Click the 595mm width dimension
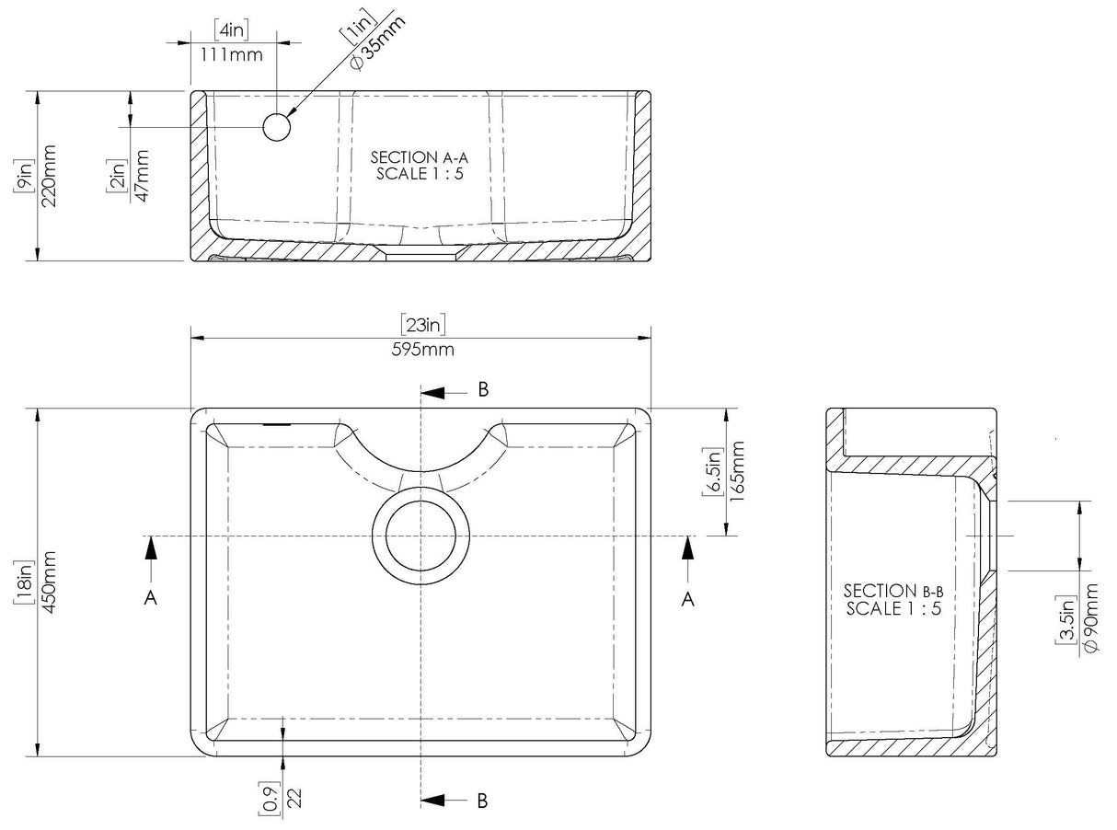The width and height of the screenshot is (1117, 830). click(x=421, y=350)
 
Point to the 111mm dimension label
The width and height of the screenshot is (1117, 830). click(x=226, y=55)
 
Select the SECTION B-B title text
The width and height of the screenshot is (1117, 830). click(x=893, y=591)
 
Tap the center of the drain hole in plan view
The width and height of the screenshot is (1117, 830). click(x=420, y=536)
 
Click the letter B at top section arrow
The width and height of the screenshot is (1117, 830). click(x=482, y=389)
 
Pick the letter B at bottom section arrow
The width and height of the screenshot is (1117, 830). click(x=482, y=801)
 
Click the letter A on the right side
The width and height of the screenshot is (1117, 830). click(x=686, y=598)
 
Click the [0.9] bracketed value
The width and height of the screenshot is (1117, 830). click(x=268, y=798)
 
